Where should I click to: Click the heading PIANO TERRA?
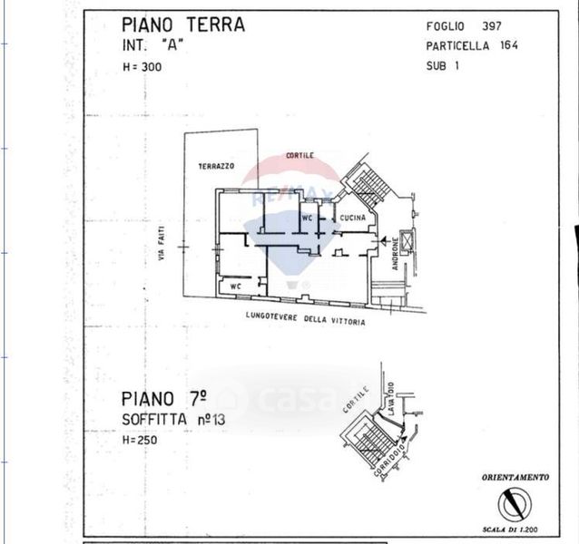182,24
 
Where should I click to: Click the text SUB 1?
443,65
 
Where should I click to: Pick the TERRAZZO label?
216,167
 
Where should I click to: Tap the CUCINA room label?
352,219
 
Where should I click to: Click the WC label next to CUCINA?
307,219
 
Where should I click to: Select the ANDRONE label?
396,251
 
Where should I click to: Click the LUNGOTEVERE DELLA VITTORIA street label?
305,317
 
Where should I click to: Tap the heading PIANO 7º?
164,400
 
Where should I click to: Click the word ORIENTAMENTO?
515,477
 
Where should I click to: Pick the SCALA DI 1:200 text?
515,530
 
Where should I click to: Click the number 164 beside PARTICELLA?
507,46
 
